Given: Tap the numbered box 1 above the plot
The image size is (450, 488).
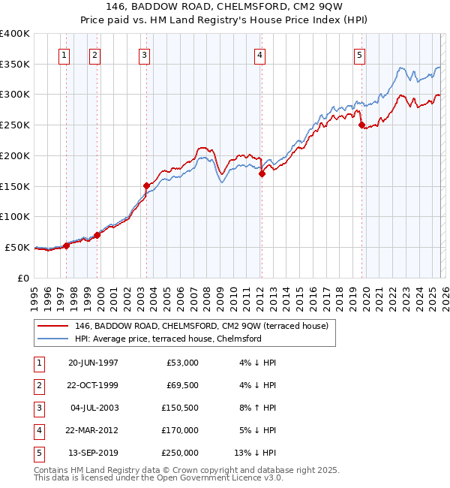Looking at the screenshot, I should pos(64,55).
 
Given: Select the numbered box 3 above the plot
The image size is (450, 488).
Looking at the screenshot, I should pos(144,55).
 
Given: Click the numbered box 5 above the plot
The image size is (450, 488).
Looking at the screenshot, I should pos(360,55).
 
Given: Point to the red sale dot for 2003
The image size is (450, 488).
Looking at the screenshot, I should pos(146,185).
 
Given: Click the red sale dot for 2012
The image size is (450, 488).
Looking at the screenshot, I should pos(262,173).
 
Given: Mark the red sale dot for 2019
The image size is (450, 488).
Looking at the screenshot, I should pos(361,125).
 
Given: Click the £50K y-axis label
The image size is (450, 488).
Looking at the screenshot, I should pos(18,247).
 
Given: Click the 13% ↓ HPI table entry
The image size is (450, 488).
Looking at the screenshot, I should pos(259,453).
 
